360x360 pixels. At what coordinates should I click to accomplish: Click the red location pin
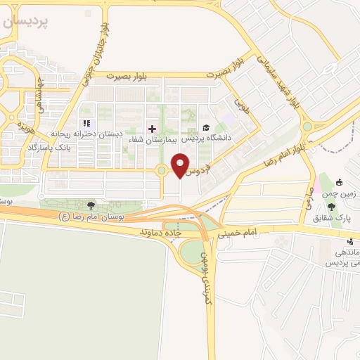pos(181,165)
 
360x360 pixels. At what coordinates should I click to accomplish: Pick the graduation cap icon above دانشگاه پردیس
pos(206,127)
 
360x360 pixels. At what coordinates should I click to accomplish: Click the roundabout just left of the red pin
pos(161,170)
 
